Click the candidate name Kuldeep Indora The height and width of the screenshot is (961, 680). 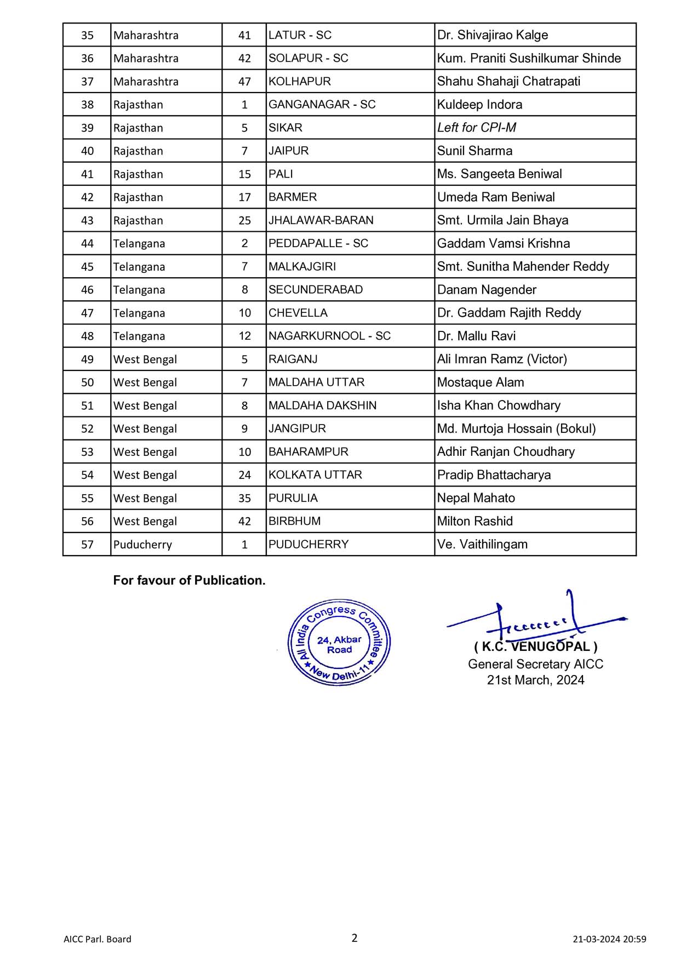(x=479, y=105)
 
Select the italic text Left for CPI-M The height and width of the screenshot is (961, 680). (x=477, y=128)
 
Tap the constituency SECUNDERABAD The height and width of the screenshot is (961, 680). (x=316, y=290)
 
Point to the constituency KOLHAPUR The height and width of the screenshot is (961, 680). (x=300, y=82)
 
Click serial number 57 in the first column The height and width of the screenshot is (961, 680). (x=87, y=545)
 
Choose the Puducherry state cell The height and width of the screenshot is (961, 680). (x=142, y=545)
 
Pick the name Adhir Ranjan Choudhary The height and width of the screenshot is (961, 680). (x=506, y=452)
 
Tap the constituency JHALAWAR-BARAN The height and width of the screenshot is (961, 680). (x=321, y=220)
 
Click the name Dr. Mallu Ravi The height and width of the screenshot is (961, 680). (x=476, y=336)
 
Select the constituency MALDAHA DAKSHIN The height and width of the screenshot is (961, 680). (x=322, y=405)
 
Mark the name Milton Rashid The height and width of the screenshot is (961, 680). (x=475, y=521)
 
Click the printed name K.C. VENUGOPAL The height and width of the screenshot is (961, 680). (x=536, y=647)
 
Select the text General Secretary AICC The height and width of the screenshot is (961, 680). (x=535, y=664)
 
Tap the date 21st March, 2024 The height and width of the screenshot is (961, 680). (x=535, y=680)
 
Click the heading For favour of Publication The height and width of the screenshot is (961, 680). (x=189, y=580)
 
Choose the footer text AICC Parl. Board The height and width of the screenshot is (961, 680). (x=98, y=939)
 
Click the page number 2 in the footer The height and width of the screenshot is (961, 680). (x=355, y=938)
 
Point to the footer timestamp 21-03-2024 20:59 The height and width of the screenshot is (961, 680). (x=609, y=939)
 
